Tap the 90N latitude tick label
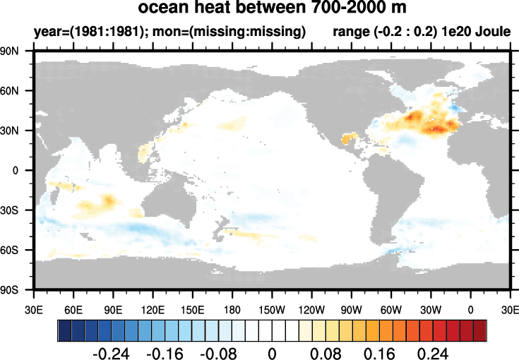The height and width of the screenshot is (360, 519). tap(16, 52)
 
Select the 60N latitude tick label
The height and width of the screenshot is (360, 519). tap(16, 91)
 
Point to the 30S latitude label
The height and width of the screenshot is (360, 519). tap(16, 210)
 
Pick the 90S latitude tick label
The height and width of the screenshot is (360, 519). tap(16, 289)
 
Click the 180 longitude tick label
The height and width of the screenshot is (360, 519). tap(232, 308)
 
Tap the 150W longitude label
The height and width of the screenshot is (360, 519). tap(272, 308)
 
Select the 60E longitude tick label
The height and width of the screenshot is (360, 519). tap(73, 308)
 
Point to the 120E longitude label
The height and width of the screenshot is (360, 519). tap(153, 308)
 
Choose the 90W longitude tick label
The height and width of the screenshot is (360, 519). tap(352, 308)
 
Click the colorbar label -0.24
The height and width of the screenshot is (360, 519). tap(112, 353)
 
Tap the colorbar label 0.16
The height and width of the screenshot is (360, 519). tap(381, 353)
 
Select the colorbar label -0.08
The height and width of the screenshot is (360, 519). tap(218, 353)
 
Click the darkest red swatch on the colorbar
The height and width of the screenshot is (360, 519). tap(480, 330)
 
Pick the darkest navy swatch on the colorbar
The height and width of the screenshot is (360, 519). tap(64, 330)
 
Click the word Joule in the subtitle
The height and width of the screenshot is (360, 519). tap(494, 32)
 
